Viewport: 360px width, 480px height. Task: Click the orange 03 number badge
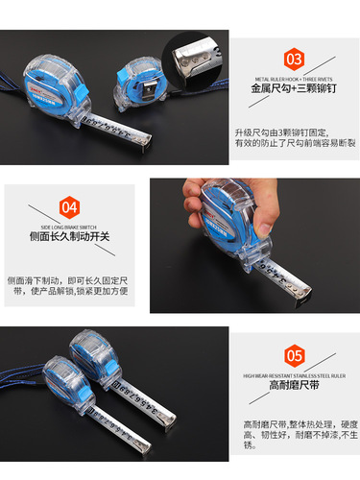click(295, 58)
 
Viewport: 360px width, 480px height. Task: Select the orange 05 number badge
click(295, 352)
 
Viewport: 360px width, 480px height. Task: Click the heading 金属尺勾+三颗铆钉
click(295, 97)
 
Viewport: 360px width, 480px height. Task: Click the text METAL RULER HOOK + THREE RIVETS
click(295, 82)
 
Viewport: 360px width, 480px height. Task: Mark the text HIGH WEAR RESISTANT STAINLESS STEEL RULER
click(295, 376)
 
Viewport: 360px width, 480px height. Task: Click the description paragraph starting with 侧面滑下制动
click(67, 284)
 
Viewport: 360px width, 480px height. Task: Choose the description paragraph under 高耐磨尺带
click(293, 435)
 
